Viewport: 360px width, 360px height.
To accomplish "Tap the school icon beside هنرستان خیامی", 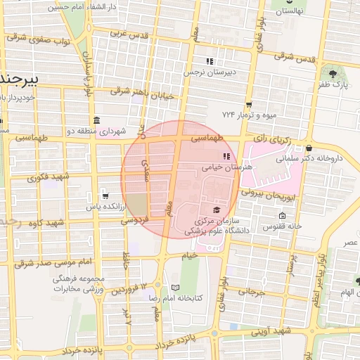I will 226,157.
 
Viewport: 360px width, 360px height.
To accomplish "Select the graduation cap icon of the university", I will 216,210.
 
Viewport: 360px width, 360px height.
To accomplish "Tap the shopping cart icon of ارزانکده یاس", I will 105,196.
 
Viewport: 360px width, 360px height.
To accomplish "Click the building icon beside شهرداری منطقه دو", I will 96,120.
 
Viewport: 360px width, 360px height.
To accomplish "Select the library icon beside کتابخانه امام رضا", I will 175,287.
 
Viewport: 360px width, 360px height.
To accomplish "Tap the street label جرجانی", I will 251,290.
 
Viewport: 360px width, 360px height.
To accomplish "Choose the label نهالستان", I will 292,12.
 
